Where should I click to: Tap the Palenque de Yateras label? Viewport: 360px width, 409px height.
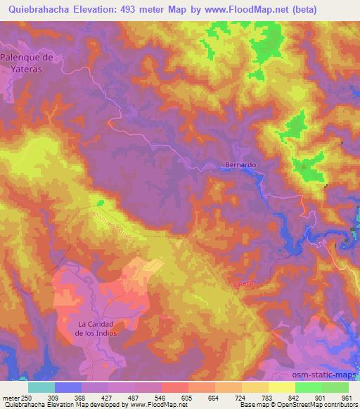coord(27,63)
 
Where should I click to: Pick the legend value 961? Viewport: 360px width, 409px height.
coord(345,398)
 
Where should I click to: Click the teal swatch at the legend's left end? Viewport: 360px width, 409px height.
coord(41,387)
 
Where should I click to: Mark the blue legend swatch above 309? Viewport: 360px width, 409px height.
coord(68,387)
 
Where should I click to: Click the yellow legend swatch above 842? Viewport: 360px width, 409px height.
coord(281,387)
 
